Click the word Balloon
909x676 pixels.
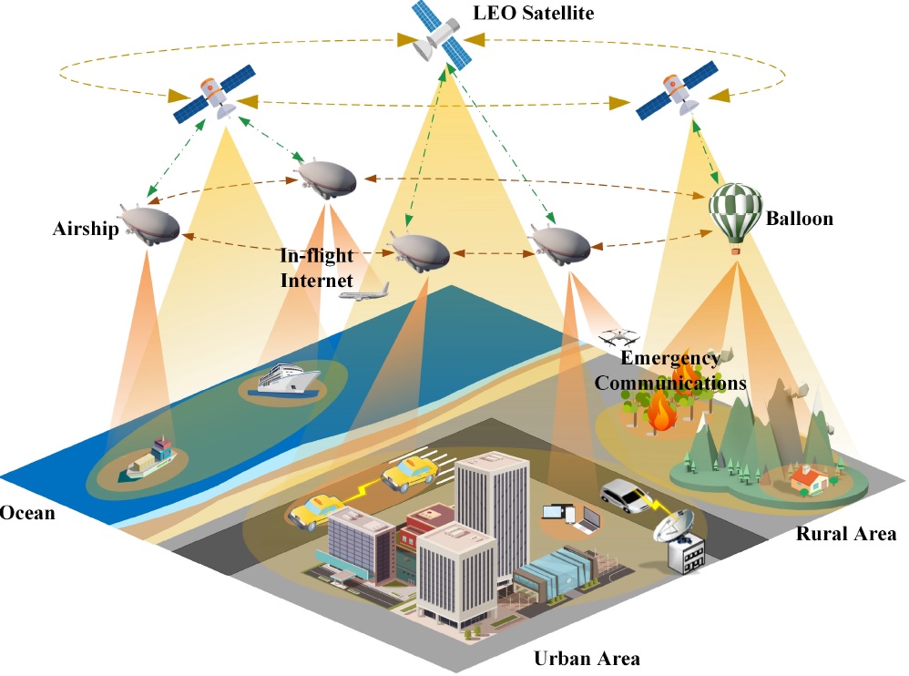point(799,219)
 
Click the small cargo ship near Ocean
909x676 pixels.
point(149,457)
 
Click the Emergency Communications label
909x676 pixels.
point(671,371)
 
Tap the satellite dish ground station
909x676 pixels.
point(680,540)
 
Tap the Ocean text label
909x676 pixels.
point(27,513)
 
